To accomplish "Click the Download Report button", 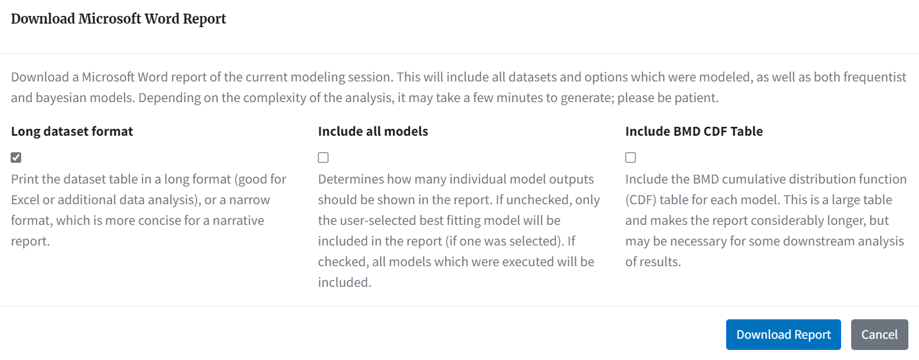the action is pos(783,335).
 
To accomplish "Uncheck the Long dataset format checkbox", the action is pos(16,158).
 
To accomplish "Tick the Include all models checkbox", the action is pos(323,158).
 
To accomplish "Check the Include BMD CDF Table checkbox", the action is pos(631,158).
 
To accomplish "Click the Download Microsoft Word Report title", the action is pos(119,19).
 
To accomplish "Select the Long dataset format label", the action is pos(72,132).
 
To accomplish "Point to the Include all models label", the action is pos(373,132).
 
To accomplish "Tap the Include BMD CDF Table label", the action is pos(694,132).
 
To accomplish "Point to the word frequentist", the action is pos(875,77).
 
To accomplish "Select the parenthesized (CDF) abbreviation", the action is pos(641,200).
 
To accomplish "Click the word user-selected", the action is pos(377,221).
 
